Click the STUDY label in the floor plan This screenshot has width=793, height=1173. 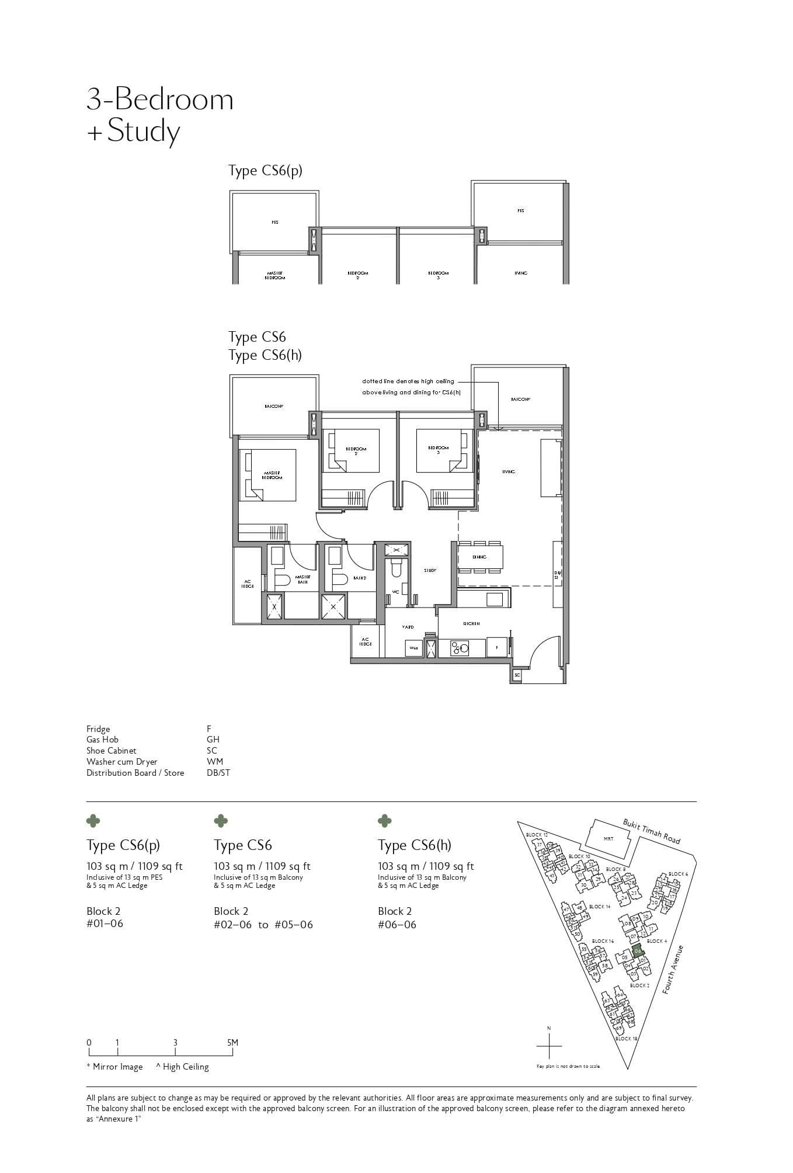[430, 570]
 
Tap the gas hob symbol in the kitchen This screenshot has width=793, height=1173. [461, 647]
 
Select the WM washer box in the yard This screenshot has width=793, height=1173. [413, 648]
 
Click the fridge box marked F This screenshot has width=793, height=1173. [497, 648]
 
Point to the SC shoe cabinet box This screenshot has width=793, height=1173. [517, 675]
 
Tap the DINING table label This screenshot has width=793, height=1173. [479, 557]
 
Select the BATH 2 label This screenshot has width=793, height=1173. [360, 578]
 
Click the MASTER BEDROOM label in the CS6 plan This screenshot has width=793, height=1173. [272, 475]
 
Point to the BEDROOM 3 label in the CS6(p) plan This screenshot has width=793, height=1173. [438, 275]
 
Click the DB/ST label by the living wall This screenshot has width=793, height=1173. [558, 575]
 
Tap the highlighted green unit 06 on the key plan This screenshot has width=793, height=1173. [637, 950]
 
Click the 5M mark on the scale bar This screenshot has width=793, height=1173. [232, 1042]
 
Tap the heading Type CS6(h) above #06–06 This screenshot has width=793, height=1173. [414, 845]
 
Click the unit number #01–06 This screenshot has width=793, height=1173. [105, 924]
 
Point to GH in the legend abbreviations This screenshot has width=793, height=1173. [213, 740]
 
